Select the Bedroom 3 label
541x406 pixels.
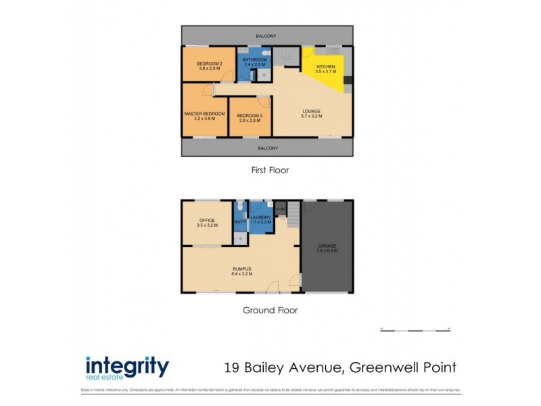pyautogui.click(x=250, y=116)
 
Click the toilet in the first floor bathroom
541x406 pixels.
pyautogui.click(x=266, y=53)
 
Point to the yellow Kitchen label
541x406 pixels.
pyautogui.click(x=325, y=66)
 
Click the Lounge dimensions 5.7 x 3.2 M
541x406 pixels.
pyautogui.click(x=311, y=116)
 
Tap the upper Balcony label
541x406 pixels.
pyautogui.click(x=266, y=36)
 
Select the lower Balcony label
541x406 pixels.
pyautogui.click(x=266, y=148)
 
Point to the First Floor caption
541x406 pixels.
pyautogui.click(x=270, y=171)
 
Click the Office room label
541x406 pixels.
pyautogui.click(x=206, y=220)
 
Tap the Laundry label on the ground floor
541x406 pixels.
pyautogui.click(x=260, y=217)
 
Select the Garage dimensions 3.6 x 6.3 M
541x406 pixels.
pyautogui.click(x=327, y=250)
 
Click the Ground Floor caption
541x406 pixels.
pyautogui.click(x=270, y=311)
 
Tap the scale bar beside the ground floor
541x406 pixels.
pyautogui.click(x=415, y=330)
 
